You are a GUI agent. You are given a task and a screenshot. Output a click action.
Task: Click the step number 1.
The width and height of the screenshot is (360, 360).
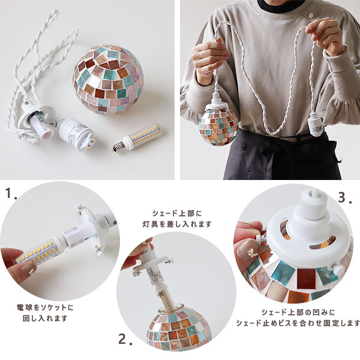[x=11, y=194]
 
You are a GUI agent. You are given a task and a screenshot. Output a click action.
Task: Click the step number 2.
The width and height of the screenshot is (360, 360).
[x=125, y=339]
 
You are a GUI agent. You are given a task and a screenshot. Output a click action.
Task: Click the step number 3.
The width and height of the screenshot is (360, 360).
[x=345, y=198]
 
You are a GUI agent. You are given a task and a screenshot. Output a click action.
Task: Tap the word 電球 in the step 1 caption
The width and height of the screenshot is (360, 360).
[x=23, y=307]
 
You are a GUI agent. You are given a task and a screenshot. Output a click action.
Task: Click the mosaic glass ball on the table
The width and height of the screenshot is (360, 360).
[x=109, y=79]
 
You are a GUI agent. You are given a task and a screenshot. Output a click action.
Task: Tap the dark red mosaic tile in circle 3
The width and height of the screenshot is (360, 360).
[x=305, y=278]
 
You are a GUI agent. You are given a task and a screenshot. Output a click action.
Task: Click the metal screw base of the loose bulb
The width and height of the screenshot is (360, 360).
[x=117, y=146]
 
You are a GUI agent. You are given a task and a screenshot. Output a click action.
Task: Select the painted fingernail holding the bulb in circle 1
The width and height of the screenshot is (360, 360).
[x=28, y=270]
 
